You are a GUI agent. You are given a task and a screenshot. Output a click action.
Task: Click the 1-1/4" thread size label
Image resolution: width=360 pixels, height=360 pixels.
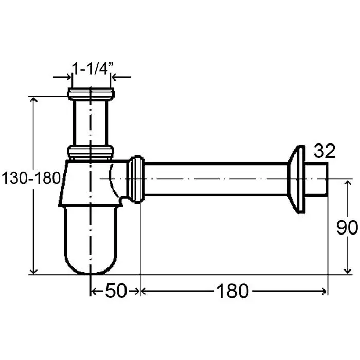(x=93, y=68)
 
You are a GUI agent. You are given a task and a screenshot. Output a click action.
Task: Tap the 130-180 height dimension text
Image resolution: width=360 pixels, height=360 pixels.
(x=31, y=178)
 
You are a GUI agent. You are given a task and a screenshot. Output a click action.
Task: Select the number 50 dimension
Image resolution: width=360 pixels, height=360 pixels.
(x=116, y=291)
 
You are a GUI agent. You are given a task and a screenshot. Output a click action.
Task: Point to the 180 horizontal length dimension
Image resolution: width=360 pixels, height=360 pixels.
(x=232, y=291)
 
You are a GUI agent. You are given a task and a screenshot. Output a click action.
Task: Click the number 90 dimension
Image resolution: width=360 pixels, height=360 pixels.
(x=347, y=227)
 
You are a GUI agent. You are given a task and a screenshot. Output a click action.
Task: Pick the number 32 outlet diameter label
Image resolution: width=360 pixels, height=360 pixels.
(x=325, y=151)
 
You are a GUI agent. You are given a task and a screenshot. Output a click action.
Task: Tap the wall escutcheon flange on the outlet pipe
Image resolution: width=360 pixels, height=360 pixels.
(x=296, y=179)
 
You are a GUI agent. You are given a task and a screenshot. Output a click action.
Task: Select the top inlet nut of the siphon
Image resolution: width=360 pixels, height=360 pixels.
(x=91, y=94)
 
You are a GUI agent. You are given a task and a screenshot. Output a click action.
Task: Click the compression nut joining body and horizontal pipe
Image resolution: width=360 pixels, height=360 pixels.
(x=136, y=179)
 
